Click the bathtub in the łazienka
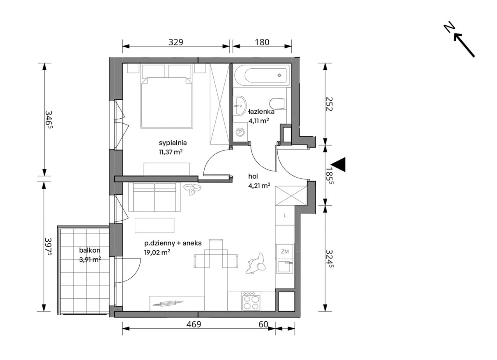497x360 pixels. [x=262, y=75]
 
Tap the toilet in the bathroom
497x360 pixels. [x=277, y=104]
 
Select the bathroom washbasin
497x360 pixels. [x=240, y=105]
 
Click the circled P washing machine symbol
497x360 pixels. [x=240, y=132]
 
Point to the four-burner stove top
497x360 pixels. [x=252, y=301]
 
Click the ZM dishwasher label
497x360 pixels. [x=285, y=252]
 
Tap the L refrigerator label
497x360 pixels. [x=285, y=215]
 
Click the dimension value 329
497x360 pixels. [x=176, y=42]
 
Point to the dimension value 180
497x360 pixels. [x=262, y=42]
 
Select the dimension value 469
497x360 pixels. [x=194, y=324]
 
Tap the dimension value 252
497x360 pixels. [x=329, y=104]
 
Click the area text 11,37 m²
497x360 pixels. [x=170, y=152]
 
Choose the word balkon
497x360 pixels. [x=90, y=250]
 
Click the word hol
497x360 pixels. [x=253, y=177]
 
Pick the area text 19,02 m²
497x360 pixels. [x=157, y=252]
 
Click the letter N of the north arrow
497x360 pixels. [x=449, y=27]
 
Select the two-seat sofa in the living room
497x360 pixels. [x=155, y=197]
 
